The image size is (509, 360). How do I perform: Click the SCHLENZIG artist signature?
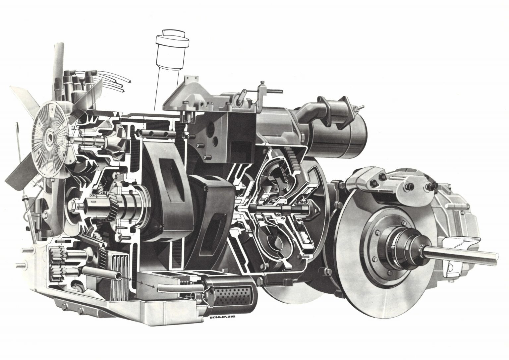pyautogui.click(x=223, y=317)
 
